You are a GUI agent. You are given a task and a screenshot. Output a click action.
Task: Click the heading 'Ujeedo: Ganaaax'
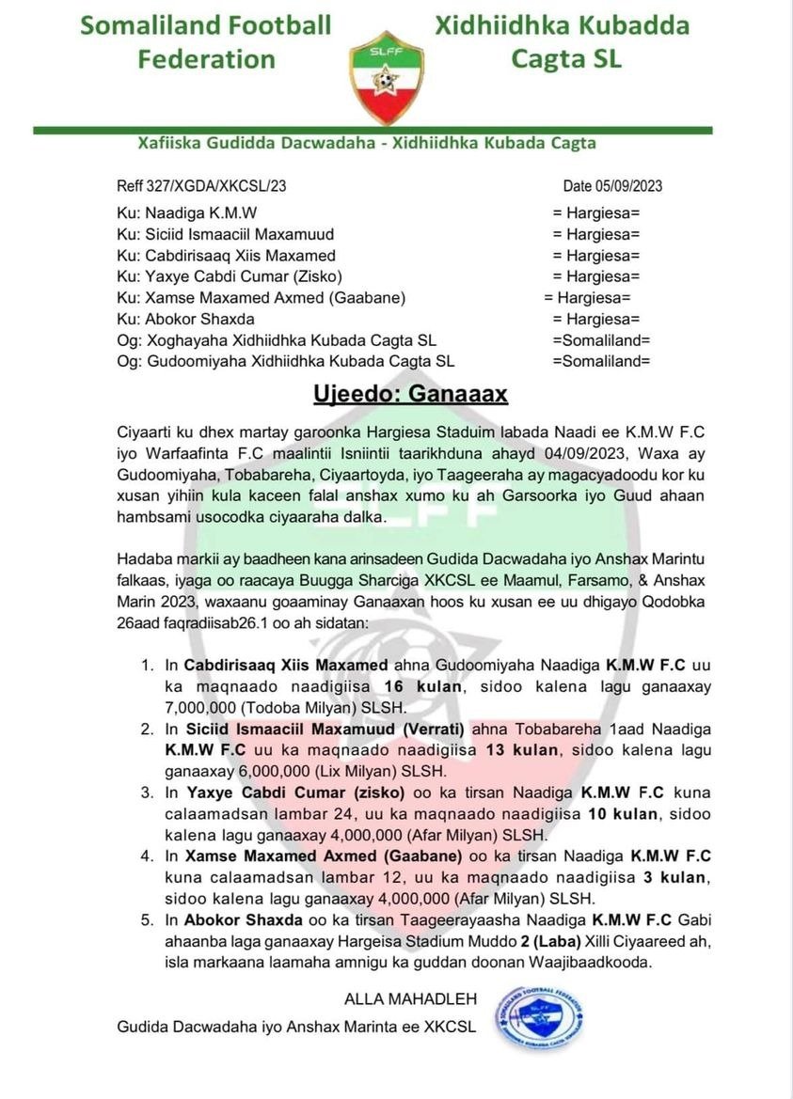pos(410,393)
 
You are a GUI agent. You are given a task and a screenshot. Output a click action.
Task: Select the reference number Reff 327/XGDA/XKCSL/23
pos(201,186)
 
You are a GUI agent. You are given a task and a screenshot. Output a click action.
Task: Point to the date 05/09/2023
pos(612,186)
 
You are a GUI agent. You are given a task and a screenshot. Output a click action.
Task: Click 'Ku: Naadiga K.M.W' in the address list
pos(187,212)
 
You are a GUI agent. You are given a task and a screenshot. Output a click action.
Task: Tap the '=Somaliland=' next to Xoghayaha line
pos(601,340)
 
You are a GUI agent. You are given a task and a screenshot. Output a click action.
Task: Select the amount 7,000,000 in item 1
pos(205,708)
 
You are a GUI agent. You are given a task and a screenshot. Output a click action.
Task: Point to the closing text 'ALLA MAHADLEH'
pos(411,998)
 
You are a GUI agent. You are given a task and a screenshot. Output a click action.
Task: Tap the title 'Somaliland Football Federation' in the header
pos(206,42)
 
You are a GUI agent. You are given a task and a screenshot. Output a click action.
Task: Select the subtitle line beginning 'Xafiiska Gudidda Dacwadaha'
pos(367,143)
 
